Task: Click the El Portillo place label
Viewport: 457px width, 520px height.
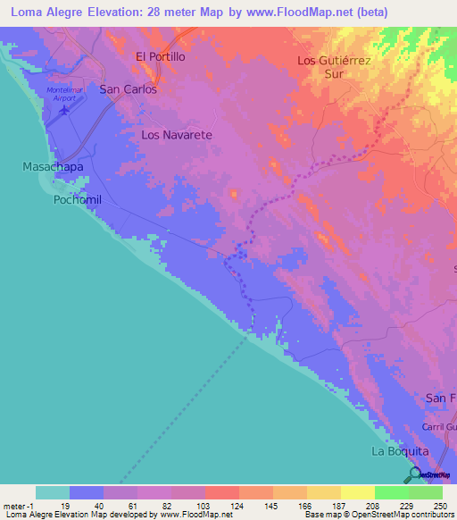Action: (x=160, y=56)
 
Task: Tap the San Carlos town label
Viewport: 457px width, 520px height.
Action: (x=128, y=89)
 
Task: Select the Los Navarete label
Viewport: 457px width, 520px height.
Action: (x=177, y=135)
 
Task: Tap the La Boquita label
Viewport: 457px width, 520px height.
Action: (x=396, y=451)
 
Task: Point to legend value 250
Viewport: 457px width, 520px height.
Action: (x=441, y=505)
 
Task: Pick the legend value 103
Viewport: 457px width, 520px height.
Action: (x=204, y=505)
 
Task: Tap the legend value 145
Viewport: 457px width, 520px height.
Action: (x=272, y=505)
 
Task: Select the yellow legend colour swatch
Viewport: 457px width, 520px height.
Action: (x=357, y=492)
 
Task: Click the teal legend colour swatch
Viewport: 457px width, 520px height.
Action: (x=52, y=492)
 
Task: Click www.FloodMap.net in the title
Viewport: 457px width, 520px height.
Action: (x=333, y=13)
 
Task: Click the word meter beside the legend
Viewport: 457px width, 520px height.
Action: (x=14, y=505)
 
